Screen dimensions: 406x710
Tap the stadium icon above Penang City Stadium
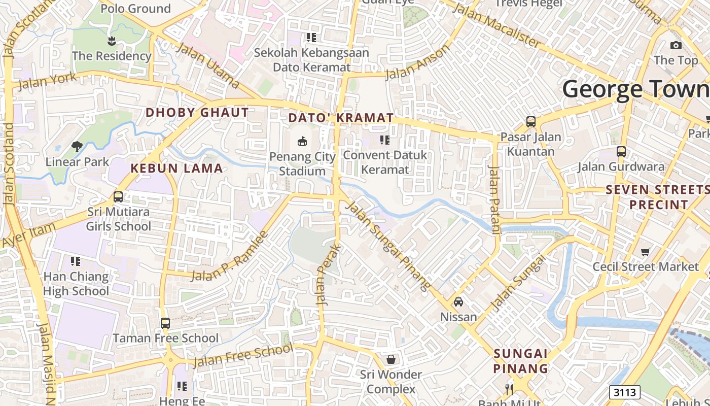pos(302,140)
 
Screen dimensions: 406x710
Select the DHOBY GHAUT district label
pos(197,113)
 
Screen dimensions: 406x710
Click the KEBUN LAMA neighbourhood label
pos(176,168)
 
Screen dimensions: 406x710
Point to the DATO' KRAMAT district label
pos(341,118)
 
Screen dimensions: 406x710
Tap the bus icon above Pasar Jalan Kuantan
pos(531,122)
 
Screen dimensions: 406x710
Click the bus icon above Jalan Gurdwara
pos(621,151)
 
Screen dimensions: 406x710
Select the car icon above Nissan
pos(458,302)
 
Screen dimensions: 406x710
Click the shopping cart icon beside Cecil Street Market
pos(646,252)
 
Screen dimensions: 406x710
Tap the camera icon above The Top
pos(676,45)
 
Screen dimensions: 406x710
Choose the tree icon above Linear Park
pos(77,147)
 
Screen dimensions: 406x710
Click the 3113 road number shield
pos(624,392)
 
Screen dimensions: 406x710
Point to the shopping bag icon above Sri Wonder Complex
pos(391,359)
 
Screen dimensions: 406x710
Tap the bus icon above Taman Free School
pos(165,323)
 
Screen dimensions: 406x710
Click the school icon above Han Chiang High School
pos(76,261)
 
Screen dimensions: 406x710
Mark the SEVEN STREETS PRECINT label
pos(658,197)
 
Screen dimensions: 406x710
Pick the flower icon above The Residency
pos(112,40)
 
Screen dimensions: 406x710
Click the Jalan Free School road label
pos(243,355)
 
